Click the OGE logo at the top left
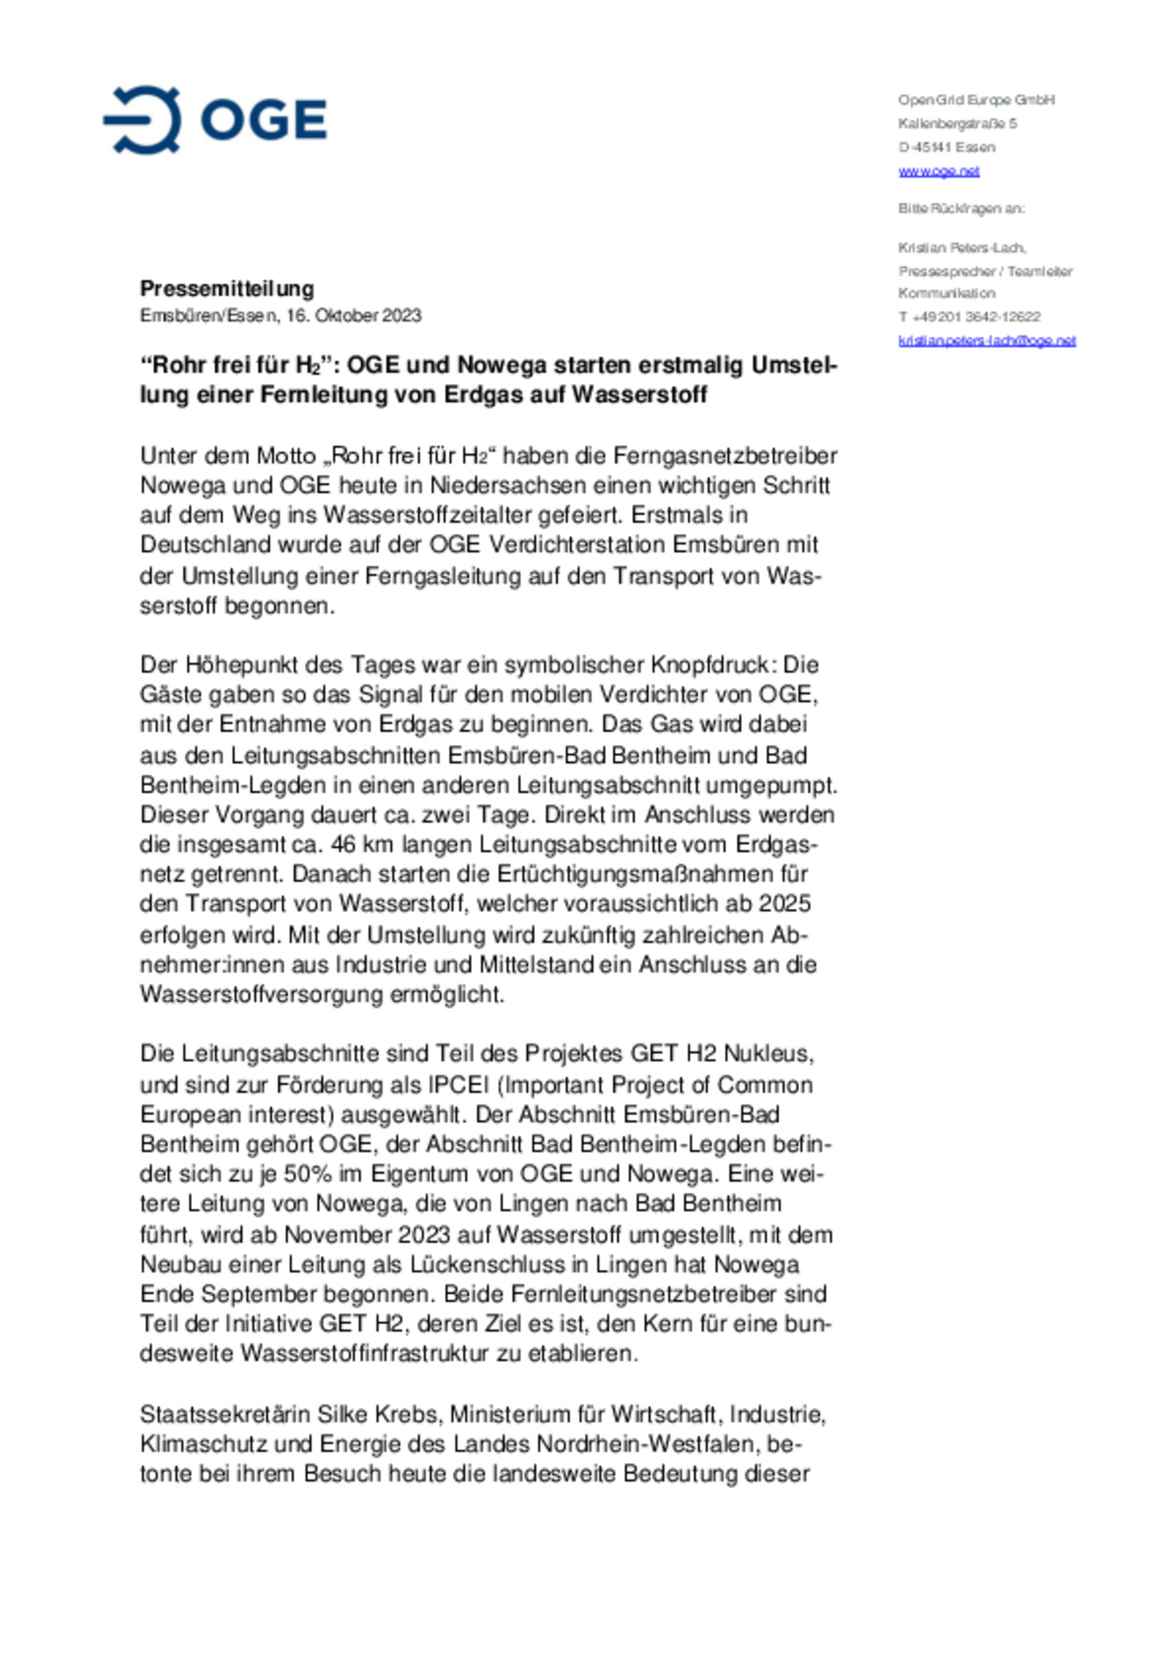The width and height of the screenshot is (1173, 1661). pos(215,120)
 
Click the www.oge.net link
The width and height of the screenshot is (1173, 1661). pos(938,171)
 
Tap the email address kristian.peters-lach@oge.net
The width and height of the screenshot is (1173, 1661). pos(986,341)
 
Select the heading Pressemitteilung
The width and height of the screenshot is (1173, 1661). pos(227,289)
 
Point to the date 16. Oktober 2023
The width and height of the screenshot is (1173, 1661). pos(354,315)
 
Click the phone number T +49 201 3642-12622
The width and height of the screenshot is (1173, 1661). pos(969,316)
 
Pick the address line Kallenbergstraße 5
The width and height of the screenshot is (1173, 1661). pos(957,124)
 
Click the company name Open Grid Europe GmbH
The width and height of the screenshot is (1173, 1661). pos(976,99)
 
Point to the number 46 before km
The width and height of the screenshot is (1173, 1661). pos(343,844)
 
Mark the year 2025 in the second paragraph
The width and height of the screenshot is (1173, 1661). pos(785,904)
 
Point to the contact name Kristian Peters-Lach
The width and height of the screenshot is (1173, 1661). pos(961,248)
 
